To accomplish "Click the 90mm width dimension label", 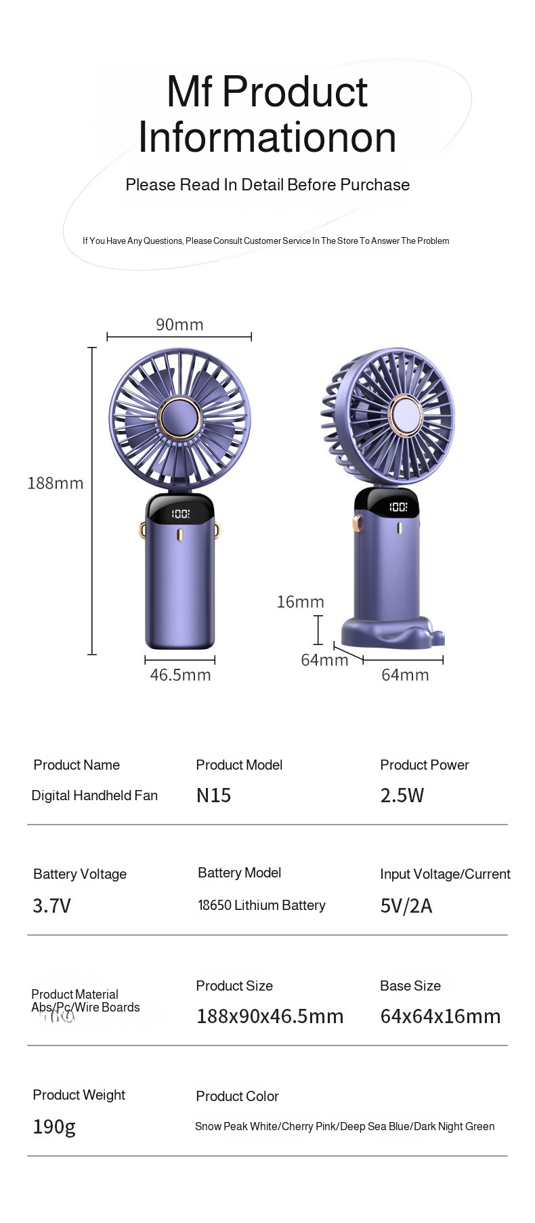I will click(179, 325).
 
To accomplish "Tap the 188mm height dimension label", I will click(55, 483).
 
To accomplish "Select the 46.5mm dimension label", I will click(180, 675).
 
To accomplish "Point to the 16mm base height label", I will click(300, 602).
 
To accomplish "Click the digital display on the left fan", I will click(180, 514).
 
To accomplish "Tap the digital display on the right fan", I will click(398, 507).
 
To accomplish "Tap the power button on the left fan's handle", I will click(180, 536).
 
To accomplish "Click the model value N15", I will click(213, 795).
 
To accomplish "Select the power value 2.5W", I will click(402, 795).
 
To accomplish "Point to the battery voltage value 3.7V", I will click(51, 906).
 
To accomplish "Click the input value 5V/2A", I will click(406, 906).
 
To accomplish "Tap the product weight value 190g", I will click(54, 1127).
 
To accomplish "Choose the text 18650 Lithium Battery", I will click(261, 905).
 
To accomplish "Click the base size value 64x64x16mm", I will click(440, 1016).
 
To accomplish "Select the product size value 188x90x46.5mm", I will click(270, 1016).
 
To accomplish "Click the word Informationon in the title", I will click(267, 138).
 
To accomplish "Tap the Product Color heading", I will click(237, 1096).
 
